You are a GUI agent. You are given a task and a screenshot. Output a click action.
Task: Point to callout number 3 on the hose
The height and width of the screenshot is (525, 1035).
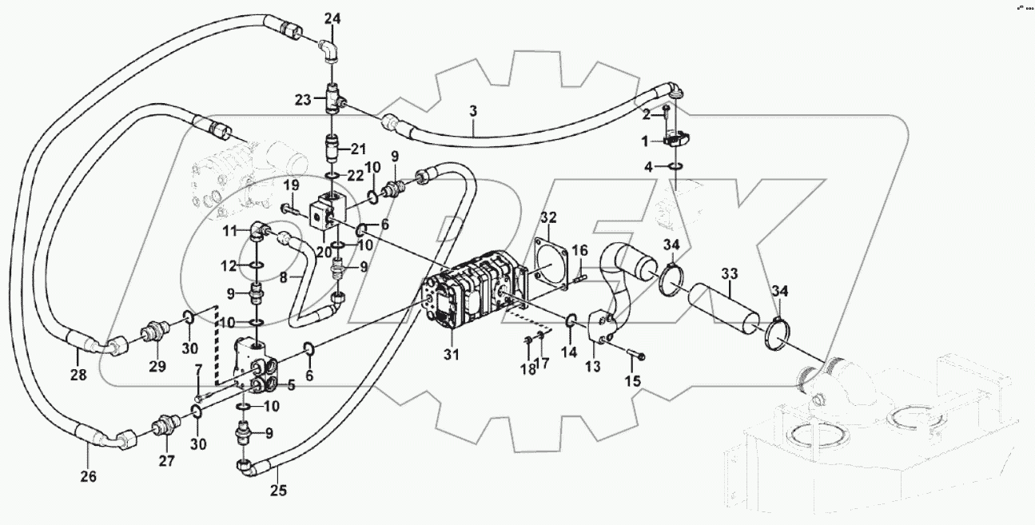point(473,111)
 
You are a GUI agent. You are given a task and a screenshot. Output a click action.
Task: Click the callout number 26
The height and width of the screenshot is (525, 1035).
point(88,477)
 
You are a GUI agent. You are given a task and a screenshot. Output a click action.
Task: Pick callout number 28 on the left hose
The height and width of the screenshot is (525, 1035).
point(79,373)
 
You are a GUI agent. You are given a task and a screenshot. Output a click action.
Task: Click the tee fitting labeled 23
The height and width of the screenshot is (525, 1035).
point(333,100)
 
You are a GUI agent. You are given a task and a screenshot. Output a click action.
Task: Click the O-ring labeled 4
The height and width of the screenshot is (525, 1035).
point(675,166)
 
